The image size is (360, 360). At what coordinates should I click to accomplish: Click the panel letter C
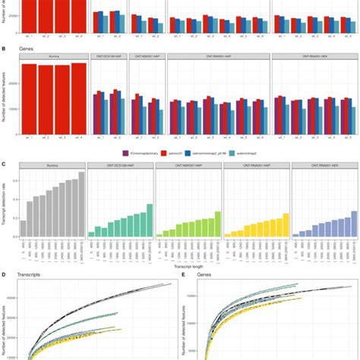pos(5,163)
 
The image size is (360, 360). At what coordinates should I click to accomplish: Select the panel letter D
pos(5,274)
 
